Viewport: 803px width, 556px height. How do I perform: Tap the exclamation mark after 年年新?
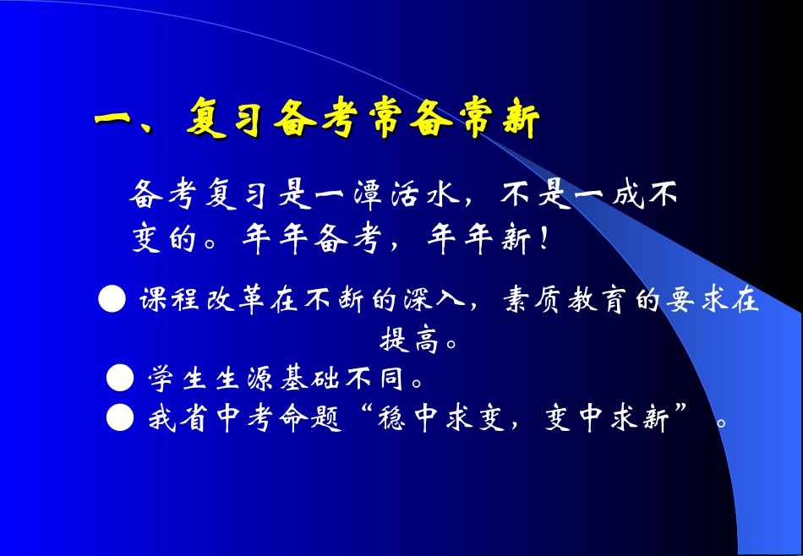(x=544, y=239)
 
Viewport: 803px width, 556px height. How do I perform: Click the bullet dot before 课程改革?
(x=112, y=300)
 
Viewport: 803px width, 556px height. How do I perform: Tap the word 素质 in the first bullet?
(x=529, y=301)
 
